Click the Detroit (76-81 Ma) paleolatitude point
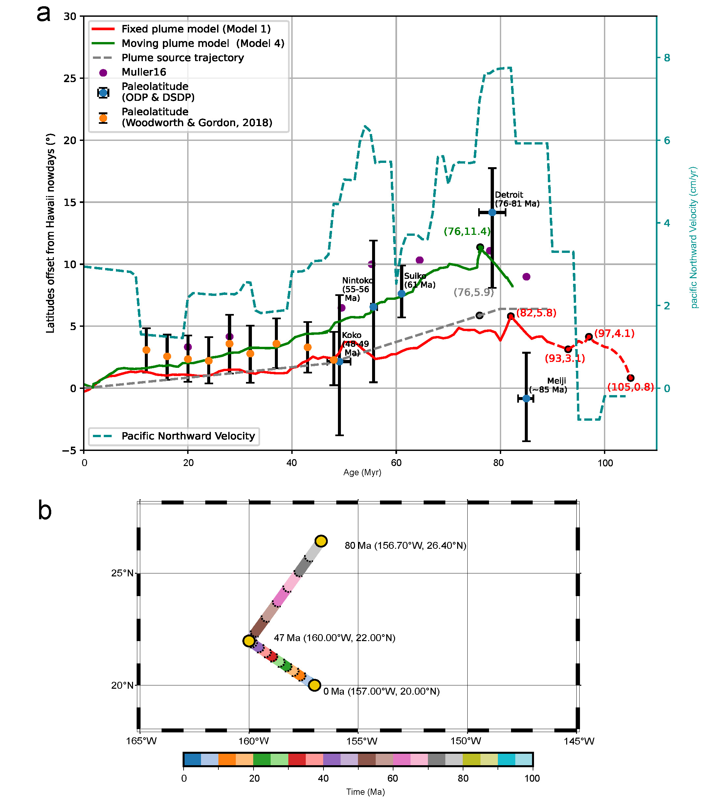492,212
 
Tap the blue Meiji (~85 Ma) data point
526,399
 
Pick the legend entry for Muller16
144,72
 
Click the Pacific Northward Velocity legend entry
188,436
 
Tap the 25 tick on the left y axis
70,78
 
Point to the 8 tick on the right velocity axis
667,58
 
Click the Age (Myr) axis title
362,472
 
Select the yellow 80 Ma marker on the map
322,541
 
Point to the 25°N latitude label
123,573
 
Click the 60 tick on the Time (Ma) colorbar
392,778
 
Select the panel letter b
44,511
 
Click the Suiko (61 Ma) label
420,280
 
